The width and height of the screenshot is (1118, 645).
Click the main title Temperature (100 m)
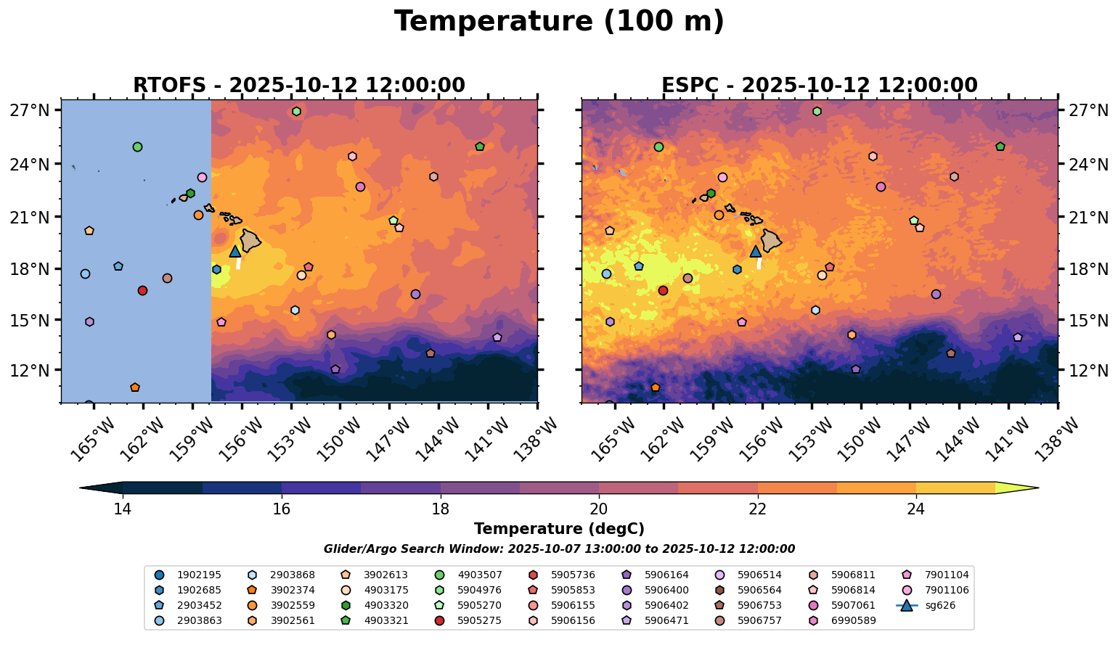click(559, 22)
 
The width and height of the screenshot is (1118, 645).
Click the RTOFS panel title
click(298, 86)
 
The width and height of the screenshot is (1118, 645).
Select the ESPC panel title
click(819, 86)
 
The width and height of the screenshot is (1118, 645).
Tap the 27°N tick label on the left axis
click(29, 111)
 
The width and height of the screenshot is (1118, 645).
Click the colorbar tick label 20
click(599, 509)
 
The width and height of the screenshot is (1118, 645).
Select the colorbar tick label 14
click(122, 509)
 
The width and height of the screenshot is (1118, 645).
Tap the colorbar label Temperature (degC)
click(559, 530)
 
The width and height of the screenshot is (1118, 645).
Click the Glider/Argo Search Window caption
click(559, 549)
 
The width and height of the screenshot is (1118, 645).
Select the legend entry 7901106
click(947, 590)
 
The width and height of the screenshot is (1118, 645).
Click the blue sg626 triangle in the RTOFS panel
click(235, 251)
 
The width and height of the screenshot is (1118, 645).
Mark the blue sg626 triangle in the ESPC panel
click(756, 251)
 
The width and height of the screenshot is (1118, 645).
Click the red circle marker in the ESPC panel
click(663, 290)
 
